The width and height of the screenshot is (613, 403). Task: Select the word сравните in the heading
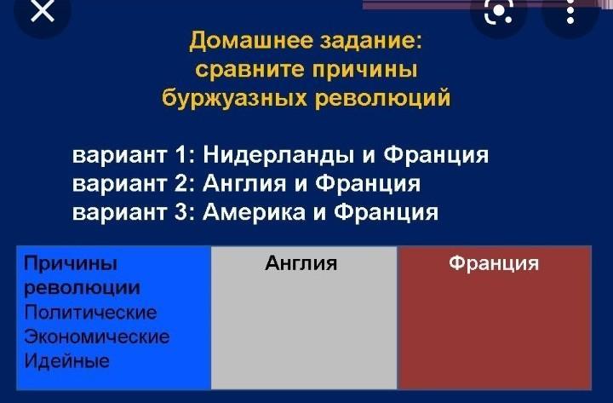249,70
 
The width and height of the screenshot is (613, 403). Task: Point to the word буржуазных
235,98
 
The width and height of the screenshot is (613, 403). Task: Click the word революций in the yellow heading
383,97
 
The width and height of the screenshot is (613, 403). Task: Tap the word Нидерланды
278,155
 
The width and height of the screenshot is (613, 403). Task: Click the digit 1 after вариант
180,154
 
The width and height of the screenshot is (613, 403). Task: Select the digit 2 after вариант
182,183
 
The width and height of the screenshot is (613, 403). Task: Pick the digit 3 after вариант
182,211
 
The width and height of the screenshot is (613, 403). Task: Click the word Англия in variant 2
244,183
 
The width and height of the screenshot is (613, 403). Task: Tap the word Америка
254,211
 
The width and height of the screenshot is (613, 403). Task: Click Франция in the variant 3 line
386,212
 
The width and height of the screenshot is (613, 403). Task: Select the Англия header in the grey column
301,263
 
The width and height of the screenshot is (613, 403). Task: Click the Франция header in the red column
494,263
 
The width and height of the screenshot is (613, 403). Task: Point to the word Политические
90,312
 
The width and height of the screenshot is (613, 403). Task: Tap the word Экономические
97,337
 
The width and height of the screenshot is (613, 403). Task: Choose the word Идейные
66,360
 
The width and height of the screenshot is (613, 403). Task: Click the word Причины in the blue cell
71,263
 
